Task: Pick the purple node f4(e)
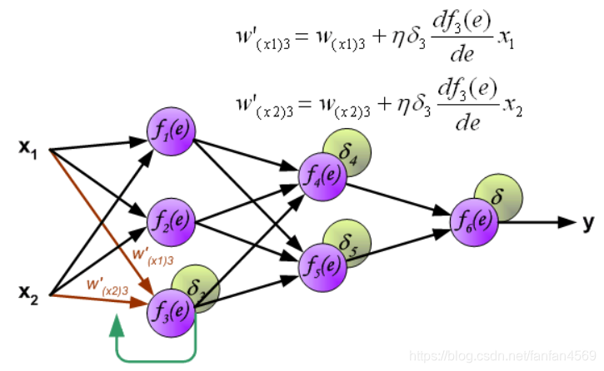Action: point(322,176)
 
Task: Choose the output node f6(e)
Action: point(472,221)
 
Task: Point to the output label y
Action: point(589,221)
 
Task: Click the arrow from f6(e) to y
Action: point(533,221)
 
